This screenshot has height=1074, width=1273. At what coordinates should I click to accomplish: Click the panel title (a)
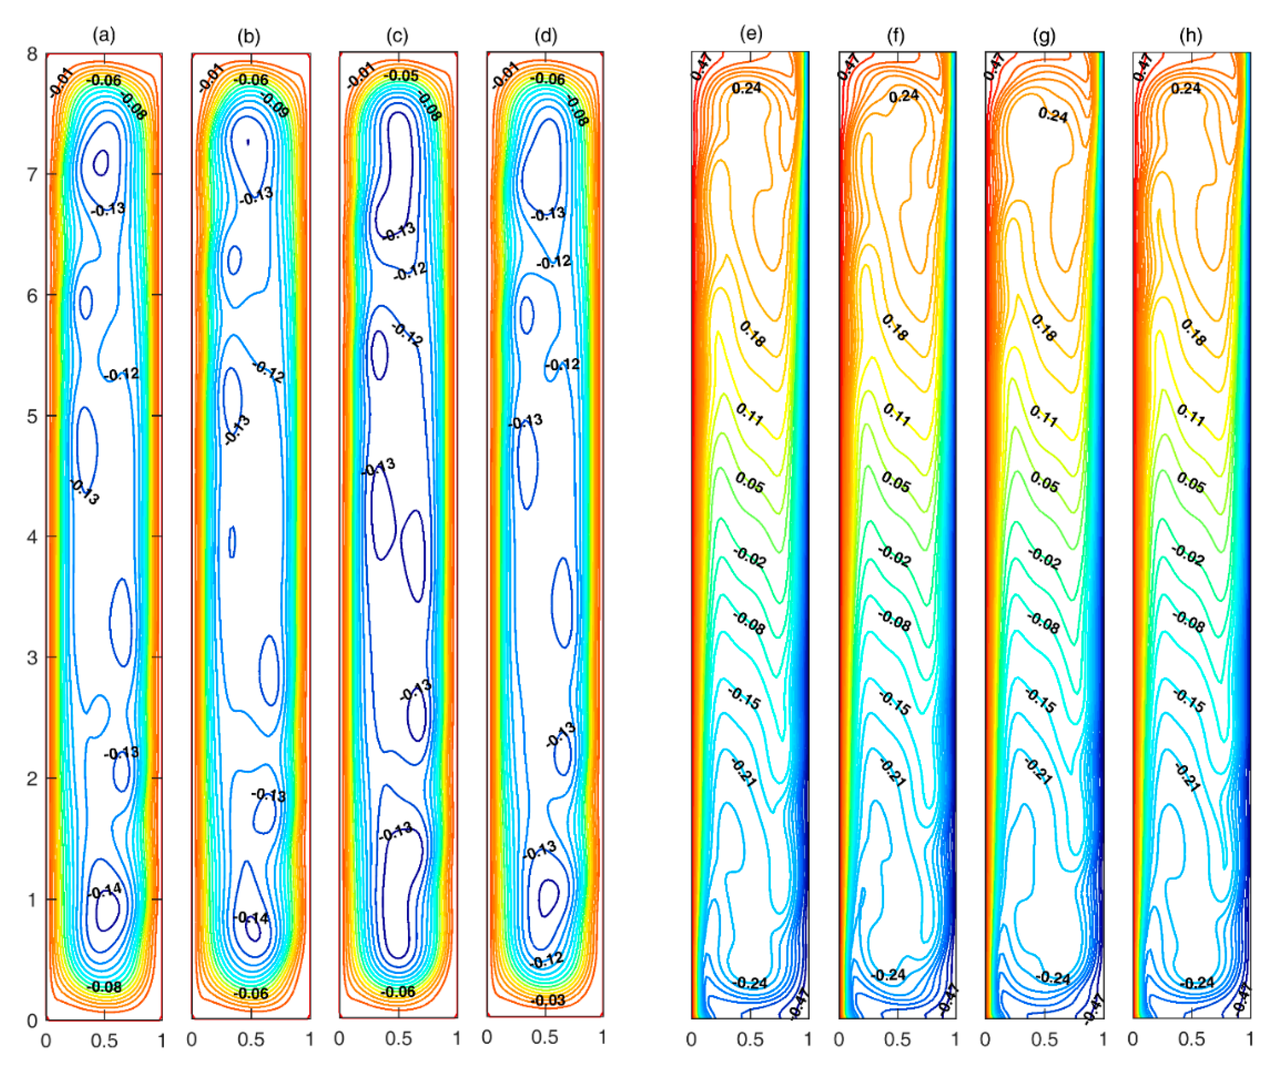pyautogui.click(x=103, y=35)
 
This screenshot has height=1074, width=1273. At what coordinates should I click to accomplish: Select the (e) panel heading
pyautogui.click(x=751, y=34)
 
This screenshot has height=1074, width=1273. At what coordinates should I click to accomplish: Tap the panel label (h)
pyautogui.click(x=1191, y=35)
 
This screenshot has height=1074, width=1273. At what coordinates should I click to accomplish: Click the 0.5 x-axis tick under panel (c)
pyautogui.click(x=398, y=1039)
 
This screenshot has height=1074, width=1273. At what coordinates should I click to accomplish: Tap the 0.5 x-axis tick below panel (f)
pyautogui.click(x=897, y=1039)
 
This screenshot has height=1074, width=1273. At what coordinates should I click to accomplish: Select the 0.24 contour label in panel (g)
pyautogui.click(x=1052, y=114)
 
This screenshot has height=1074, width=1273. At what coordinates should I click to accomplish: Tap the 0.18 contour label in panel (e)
pyautogui.click(x=752, y=334)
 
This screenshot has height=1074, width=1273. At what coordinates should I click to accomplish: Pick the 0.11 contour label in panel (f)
pyautogui.click(x=896, y=414)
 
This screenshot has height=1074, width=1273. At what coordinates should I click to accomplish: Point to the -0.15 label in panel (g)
pyautogui.click(x=1040, y=701)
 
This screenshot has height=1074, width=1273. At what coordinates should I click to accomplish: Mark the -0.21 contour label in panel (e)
pyautogui.click(x=743, y=773)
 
